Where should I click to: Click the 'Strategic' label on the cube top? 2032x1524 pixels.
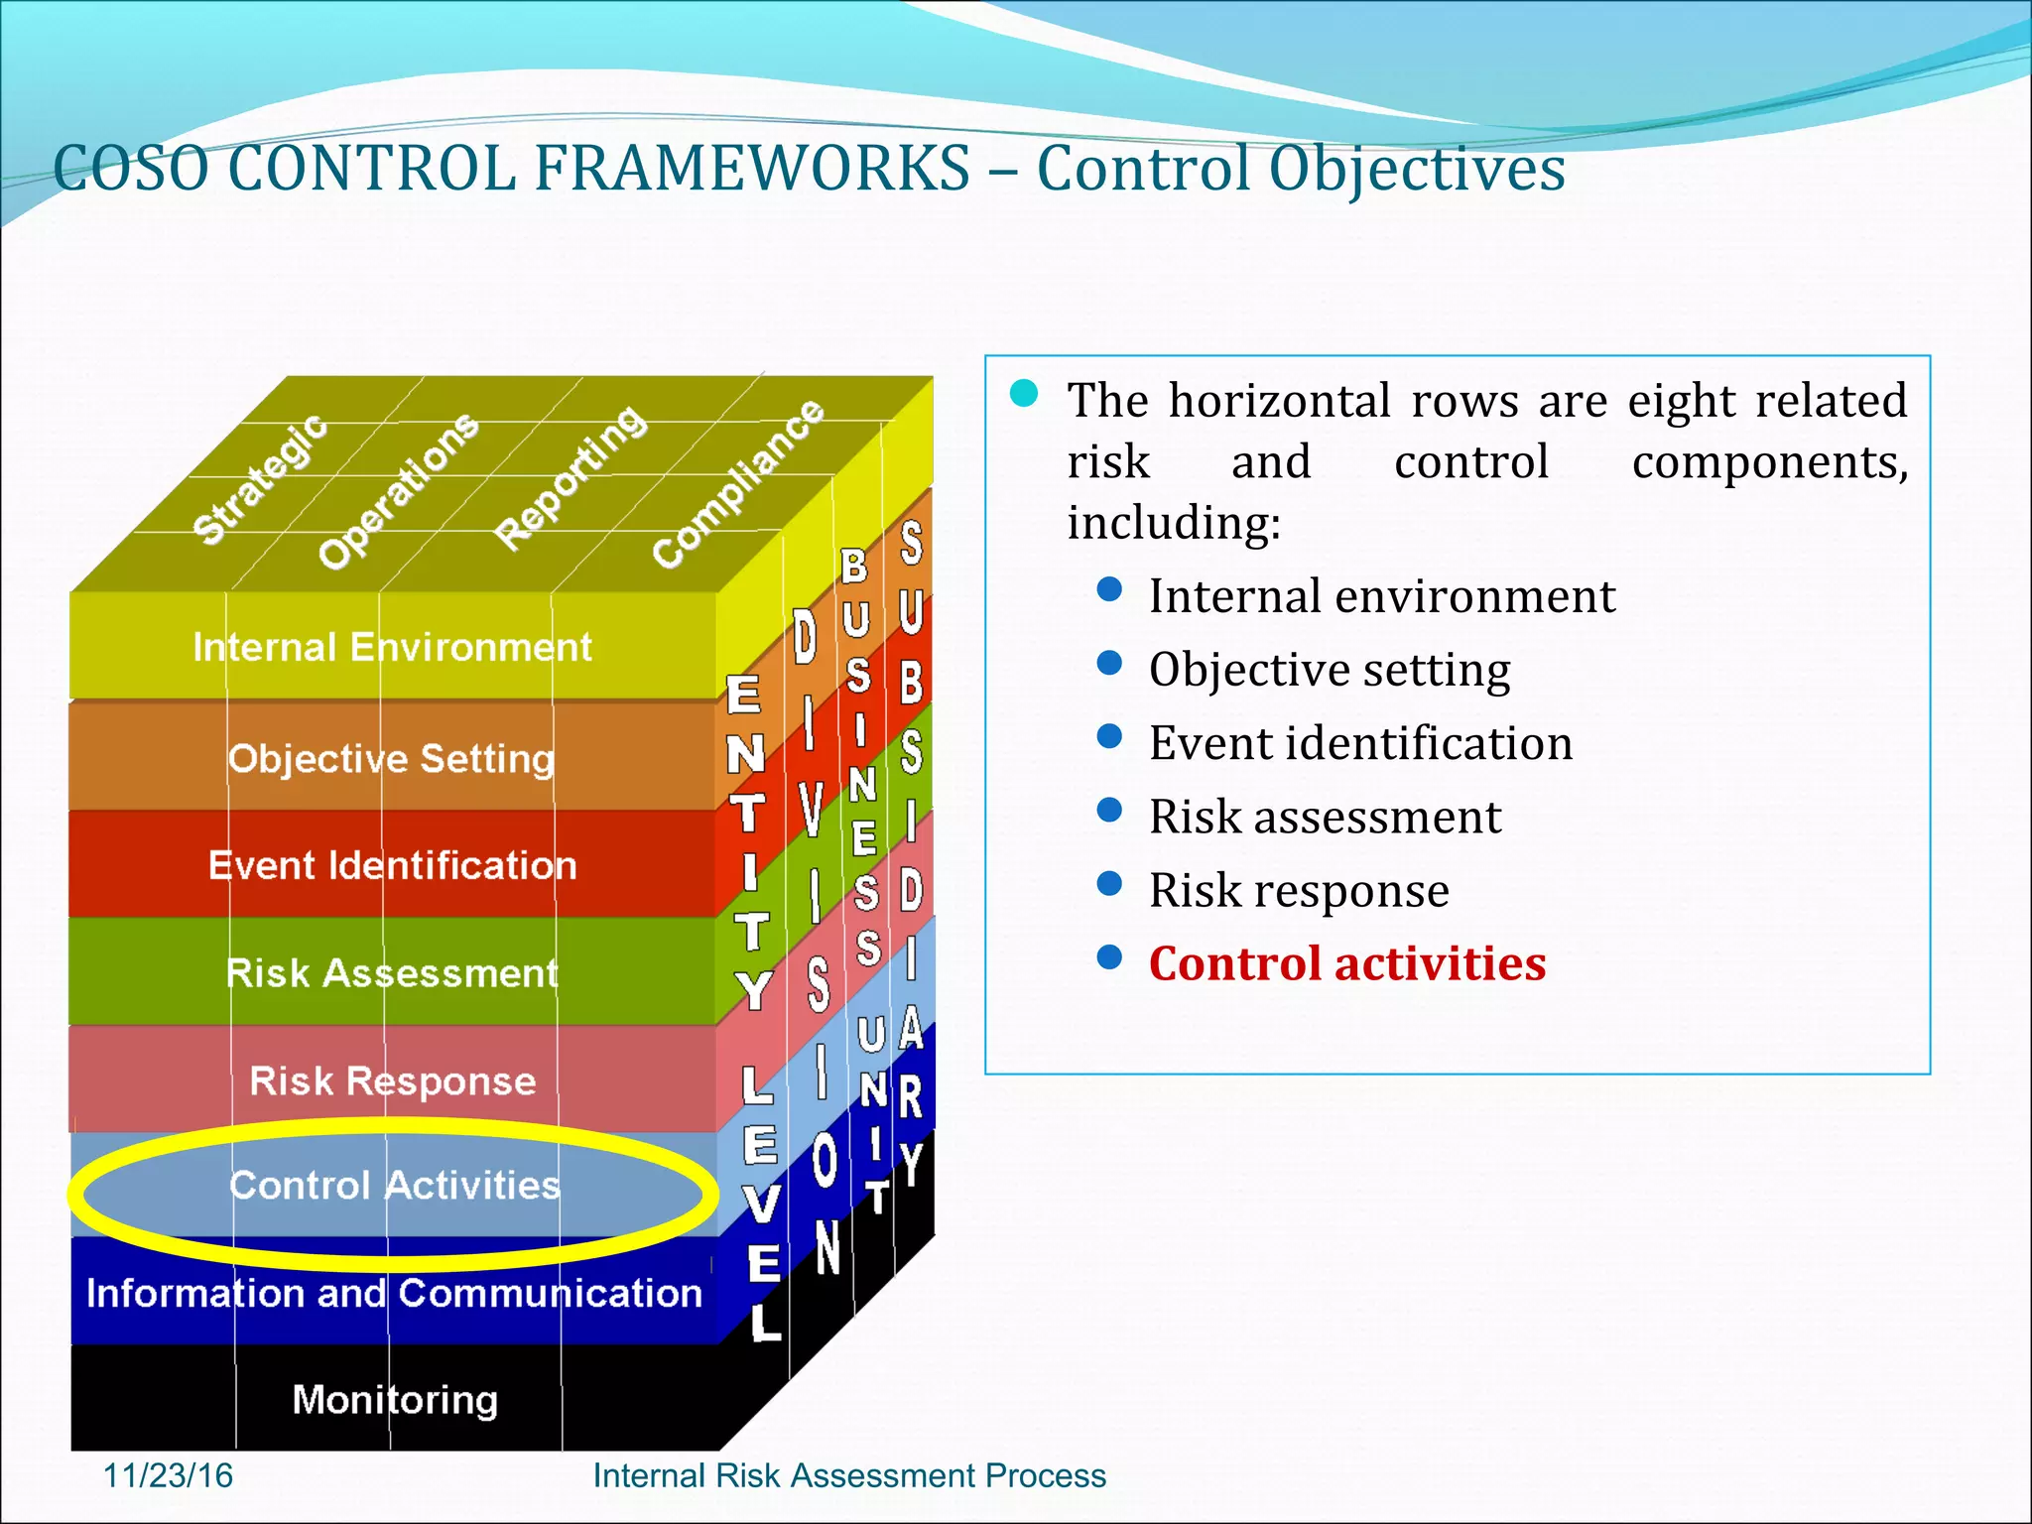pyautogui.click(x=260, y=479)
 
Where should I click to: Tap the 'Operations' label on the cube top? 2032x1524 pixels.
pyautogui.click(x=399, y=490)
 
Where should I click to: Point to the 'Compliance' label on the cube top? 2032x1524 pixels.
pyautogui.click(x=738, y=483)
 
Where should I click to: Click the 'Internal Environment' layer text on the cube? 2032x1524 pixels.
pyautogui.click(x=392, y=647)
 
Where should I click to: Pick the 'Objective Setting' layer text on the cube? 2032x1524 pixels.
pyautogui.click(x=391, y=759)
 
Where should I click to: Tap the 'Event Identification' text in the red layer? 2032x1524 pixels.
pyautogui.click(x=392, y=865)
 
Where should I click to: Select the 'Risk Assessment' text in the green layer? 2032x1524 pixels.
pyautogui.click(x=392, y=973)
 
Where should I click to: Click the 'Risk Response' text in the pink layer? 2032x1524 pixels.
pyautogui.click(x=392, y=1080)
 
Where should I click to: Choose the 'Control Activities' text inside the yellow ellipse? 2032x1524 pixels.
pyautogui.click(x=394, y=1185)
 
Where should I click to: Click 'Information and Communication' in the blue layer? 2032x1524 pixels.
pyautogui.click(x=394, y=1293)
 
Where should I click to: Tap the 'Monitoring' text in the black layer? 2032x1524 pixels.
pyautogui.click(x=395, y=1400)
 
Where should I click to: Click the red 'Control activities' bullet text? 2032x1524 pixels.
pyautogui.click(x=1346, y=963)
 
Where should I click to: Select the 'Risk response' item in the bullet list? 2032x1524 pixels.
pyautogui.click(x=1299, y=890)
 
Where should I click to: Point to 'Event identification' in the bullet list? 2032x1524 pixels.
pyautogui.click(x=1360, y=743)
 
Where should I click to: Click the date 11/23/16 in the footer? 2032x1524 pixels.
pyautogui.click(x=168, y=1475)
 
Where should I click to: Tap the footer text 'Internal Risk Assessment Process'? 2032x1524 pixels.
pyautogui.click(x=848, y=1475)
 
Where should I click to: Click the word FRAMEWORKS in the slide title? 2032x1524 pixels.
pyautogui.click(x=752, y=169)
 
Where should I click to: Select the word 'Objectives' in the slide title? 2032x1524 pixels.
pyautogui.click(x=1416, y=169)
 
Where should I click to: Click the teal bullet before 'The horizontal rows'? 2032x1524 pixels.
pyautogui.click(x=1023, y=394)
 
